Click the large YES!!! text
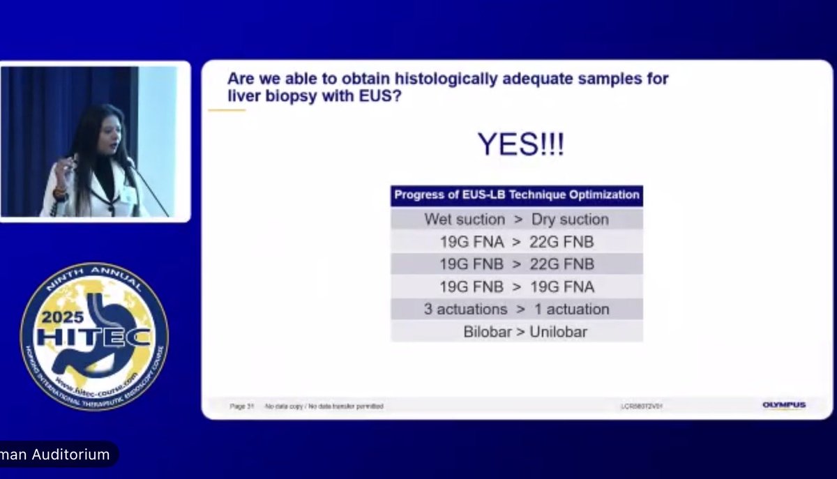tap(520, 144)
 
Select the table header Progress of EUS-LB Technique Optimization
tap(516, 195)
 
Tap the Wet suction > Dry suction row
tap(516, 219)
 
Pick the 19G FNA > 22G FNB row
tap(516, 242)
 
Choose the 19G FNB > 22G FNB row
tap(516, 264)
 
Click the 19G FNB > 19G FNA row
tap(516, 287)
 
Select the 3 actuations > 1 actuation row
tap(516, 309)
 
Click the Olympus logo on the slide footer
tap(783, 405)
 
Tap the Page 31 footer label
tap(241, 406)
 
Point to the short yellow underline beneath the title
tap(227, 110)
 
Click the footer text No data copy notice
tap(324, 406)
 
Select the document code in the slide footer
tap(641, 406)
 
